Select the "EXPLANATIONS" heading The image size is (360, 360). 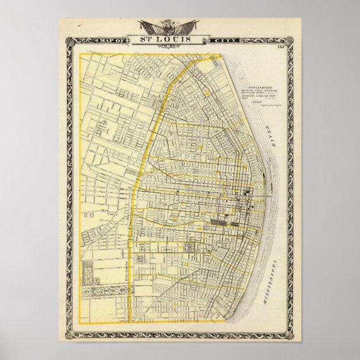[x=258, y=88]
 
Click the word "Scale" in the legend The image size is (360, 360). [x=257, y=101]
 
